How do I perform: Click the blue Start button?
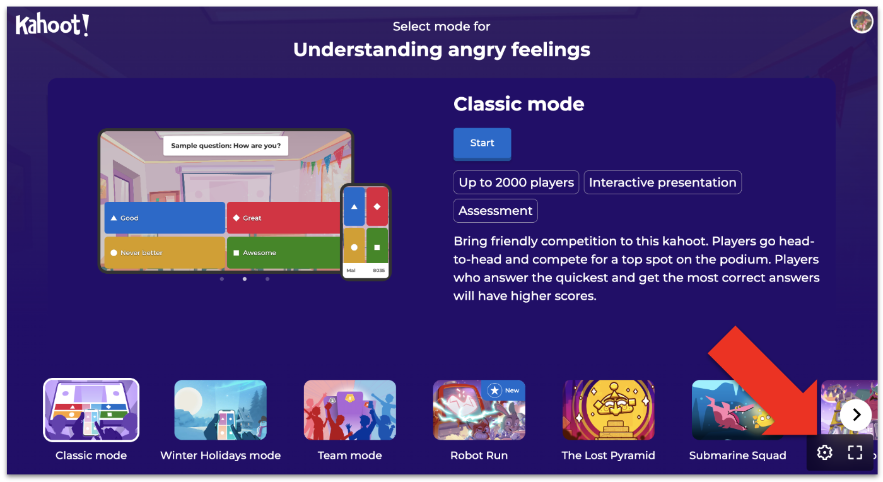pos(482,144)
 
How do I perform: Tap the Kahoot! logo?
pos(52,25)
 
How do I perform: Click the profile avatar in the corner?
pos(862,21)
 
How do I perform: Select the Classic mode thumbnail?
pos(91,410)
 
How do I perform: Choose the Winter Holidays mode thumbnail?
pos(220,410)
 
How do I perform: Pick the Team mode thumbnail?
pos(349,410)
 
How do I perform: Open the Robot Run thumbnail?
pos(479,410)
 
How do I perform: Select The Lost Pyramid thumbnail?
pos(608,410)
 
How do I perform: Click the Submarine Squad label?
pos(737,455)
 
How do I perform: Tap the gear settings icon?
pos(824,452)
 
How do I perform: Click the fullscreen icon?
pos(855,452)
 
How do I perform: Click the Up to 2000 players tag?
pos(516,182)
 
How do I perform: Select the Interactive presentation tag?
pos(663,182)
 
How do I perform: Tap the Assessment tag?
pos(496,211)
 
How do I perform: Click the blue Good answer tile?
pos(165,218)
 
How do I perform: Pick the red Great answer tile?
pos(284,218)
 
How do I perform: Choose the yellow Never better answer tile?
pos(165,252)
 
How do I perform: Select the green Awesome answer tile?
pos(284,252)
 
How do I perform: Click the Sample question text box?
pos(226,146)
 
